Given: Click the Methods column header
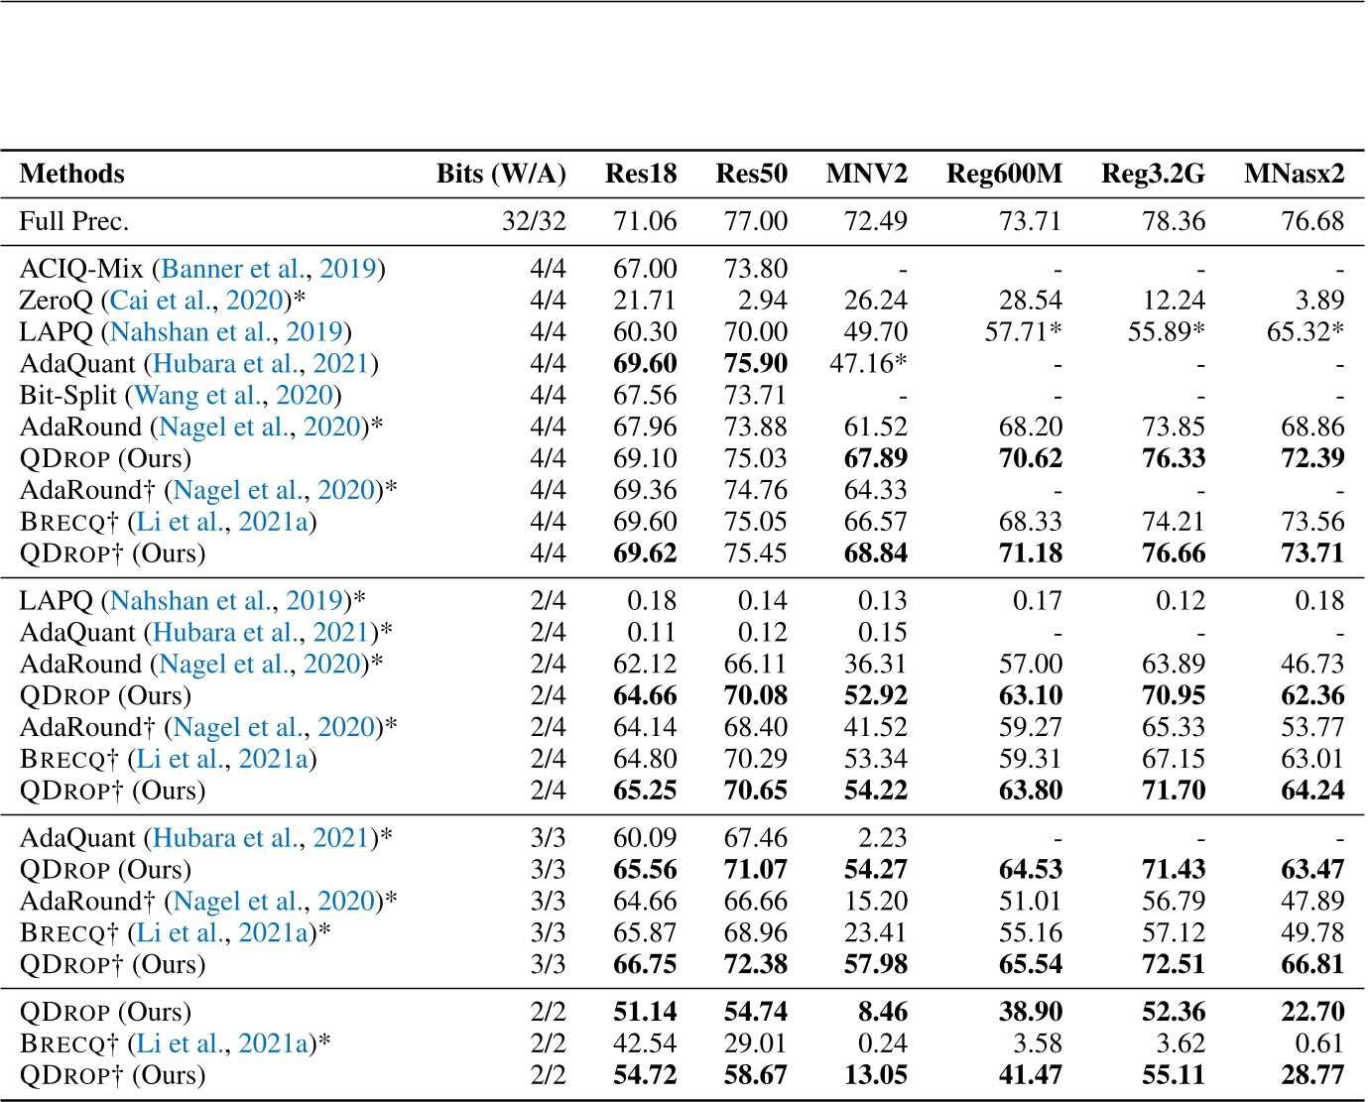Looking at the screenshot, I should tap(71, 174).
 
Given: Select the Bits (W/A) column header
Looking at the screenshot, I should tap(501, 174).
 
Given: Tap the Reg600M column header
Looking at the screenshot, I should tap(1004, 174).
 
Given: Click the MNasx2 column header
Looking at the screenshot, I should tap(1294, 174).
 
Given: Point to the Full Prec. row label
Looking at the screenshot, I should tap(74, 220).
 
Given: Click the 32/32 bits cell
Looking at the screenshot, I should tap(534, 220).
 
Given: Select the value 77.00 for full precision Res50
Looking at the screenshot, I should tap(756, 220).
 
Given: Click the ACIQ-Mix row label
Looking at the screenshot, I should tap(83, 269).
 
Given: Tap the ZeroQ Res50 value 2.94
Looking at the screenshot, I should tap(763, 301).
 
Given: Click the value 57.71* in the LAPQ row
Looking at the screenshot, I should tap(1023, 332).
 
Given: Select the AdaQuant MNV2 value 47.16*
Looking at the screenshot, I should tap(867, 364).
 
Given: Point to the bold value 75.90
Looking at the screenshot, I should tap(756, 364).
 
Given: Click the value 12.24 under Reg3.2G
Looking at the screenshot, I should tap(1174, 301).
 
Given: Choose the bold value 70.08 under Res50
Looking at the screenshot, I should tap(756, 695).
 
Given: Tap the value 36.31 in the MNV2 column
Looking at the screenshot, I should tap(875, 664).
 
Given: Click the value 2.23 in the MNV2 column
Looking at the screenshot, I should tap(882, 838).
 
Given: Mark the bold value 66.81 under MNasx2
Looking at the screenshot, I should tap(1312, 964).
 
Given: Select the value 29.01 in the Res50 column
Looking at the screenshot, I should tap(756, 1043).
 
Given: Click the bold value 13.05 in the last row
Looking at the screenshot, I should tap(875, 1075).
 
